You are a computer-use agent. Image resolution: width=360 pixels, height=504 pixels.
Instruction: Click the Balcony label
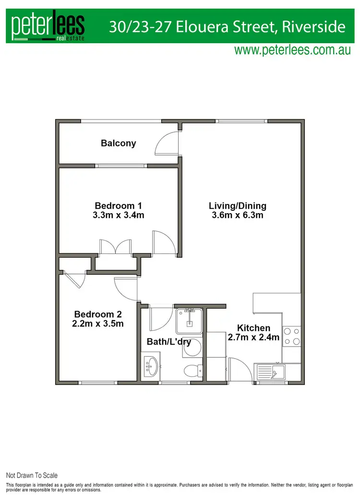[118, 143]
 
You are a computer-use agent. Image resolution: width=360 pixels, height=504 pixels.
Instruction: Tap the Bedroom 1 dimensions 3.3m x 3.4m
[119, 216]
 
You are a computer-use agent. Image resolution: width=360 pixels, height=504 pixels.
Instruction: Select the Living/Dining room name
[237, 206]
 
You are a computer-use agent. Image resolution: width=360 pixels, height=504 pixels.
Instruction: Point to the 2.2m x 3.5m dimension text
[98, 324]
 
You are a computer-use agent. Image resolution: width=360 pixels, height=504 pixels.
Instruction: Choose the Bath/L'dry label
[168, 342]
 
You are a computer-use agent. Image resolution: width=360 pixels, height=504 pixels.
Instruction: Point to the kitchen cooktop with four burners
[291, 336]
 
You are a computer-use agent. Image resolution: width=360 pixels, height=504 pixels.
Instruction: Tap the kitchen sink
[271, 372]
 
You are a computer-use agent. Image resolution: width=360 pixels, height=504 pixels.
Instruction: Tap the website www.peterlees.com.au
[293, 50]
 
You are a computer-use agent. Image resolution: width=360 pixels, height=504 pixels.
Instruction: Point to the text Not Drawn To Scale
[32, 476]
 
